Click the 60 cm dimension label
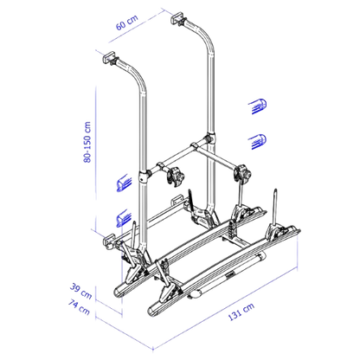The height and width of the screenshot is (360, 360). pos(127,22)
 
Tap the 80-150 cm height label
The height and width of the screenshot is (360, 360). pos(87,142)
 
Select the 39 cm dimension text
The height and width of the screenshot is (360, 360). pos(80,291)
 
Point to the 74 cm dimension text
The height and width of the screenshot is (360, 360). pos(79,306)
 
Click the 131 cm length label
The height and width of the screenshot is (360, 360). pos(241,312)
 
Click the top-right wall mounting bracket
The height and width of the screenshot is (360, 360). pos(177,17)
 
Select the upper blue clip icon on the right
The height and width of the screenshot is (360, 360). pos(257,106)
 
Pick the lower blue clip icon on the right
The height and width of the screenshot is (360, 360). pos(257,142)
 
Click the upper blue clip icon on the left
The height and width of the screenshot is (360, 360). pos(124,183)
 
